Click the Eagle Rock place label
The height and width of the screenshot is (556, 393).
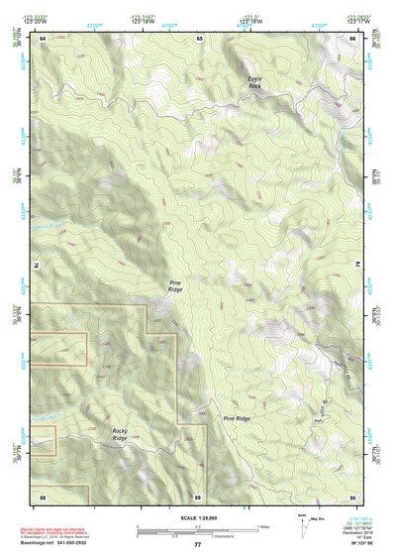coord(255,82)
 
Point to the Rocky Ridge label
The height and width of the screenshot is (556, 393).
coord(121,433)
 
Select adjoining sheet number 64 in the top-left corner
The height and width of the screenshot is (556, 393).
coord(44,38)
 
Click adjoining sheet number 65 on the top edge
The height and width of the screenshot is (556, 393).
coord(199,38)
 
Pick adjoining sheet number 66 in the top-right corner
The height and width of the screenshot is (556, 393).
coord(352,38)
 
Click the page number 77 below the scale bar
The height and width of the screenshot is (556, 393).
coord(198,545)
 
